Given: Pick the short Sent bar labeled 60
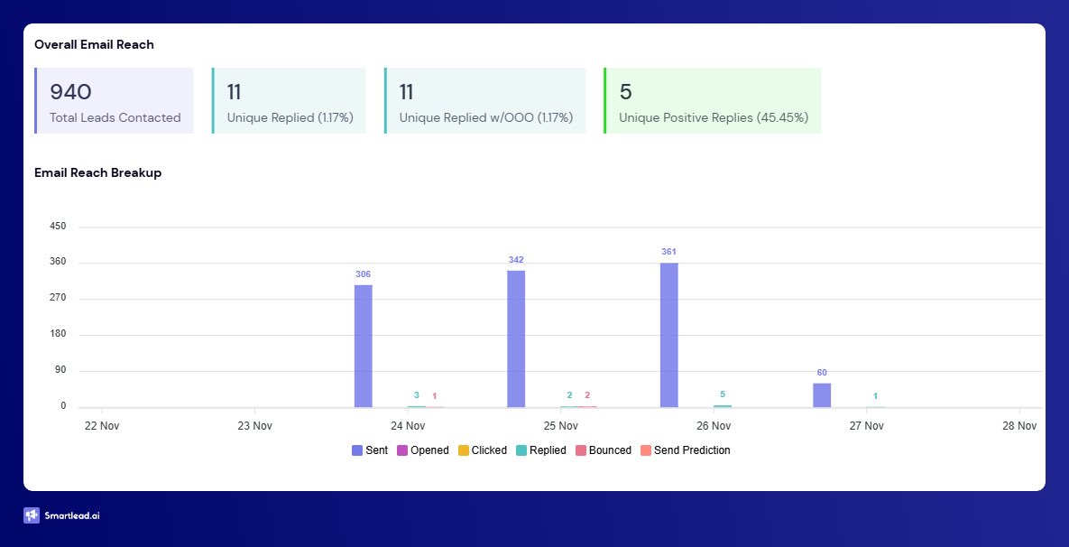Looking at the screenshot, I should tap(822, 395).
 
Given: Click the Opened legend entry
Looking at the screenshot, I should tap(423, 450).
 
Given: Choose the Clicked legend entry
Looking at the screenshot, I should tap(483, 450).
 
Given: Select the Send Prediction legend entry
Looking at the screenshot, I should tap(686, 450).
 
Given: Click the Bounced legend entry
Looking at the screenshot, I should tap(604, 450).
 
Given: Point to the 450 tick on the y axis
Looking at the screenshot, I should tap(58, 227).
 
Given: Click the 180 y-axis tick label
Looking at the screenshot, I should tap(58, 335).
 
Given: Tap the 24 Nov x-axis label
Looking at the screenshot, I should tap(408, 425).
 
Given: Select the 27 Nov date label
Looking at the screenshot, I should tap(866, 425).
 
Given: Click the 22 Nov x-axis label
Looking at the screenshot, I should tap(101, 425).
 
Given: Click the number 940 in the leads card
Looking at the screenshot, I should tap(70, 91).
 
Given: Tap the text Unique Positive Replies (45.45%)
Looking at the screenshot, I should tap(714, 117).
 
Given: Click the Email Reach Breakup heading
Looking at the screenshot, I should tap(97, 172).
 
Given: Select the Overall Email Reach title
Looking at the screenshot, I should tap(94, 44).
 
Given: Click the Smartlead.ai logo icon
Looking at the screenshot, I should tap(32, 515).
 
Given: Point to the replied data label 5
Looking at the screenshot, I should tap(723, 394).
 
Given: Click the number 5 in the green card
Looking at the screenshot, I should tap(625, 91).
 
